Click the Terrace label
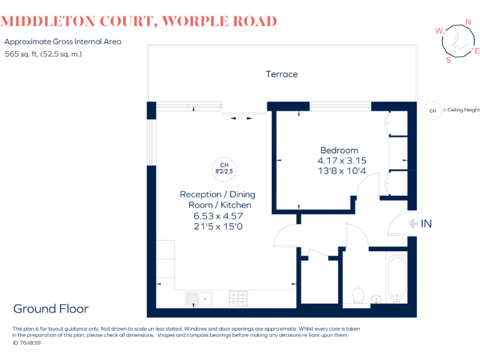(x=282, y=74)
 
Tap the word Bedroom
(x=339, y=150)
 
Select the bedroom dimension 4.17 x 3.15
(x=342, y=161)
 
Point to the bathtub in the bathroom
(x=397, y=277)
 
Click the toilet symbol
(x=359, y=294)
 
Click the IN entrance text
(x=426, y=223)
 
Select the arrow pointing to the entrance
(x=412, y=223)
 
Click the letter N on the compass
(x=468, y=23)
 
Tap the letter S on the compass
(x=448, y=61)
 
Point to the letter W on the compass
(x=439, y=31)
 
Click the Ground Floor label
(x=51, y=309)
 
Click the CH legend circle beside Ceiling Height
(x=432, y=110)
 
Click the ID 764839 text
(x=28, y=343)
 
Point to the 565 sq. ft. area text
(x=23, y=54)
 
